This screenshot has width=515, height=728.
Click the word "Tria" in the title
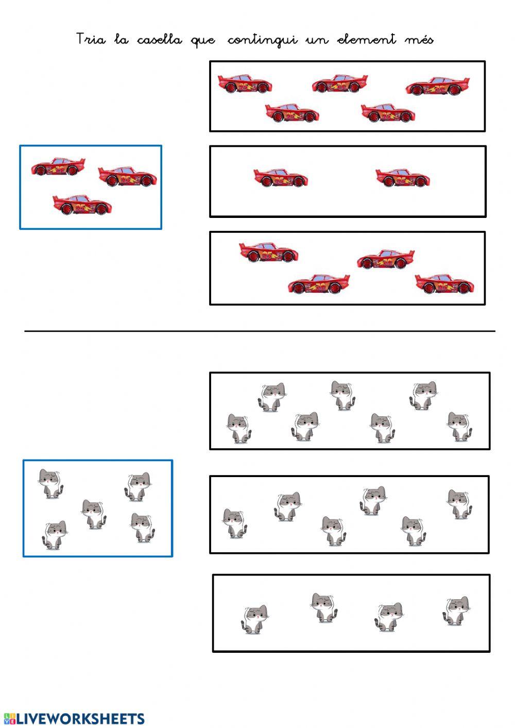pyautogui.click(x=91, y=39)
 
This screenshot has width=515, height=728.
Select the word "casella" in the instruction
pyautogui.click(x=159, y=40)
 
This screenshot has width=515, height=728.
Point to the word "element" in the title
pyautogui.click(x=366, y=40)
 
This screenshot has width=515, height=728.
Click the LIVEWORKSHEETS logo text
pyautogui.click(x=74, y=719)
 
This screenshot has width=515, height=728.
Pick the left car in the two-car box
pyautogui.click(x=280, y=177)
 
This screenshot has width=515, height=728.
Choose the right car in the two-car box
pyautogui.click(x=403, y=178)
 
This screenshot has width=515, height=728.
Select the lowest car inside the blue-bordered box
pyautogui.click(x=82, y=204)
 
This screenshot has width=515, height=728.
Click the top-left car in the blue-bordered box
pyautogui.click(x=58, y=167)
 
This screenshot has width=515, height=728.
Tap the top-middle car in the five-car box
pyautogui.click(x=340, y=83)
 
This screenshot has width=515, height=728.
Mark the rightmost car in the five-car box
pyautogui.click(x=437, y=86)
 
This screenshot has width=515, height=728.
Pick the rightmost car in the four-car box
pyautogui.click(x=444, y=283)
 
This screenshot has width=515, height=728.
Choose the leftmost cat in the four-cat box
pyautogui.click(x=254, y=619)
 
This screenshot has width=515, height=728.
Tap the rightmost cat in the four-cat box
pyautogui.click(x=457, y=611)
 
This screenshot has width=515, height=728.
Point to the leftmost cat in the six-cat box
pyautogui.click(x=234, y=523)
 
